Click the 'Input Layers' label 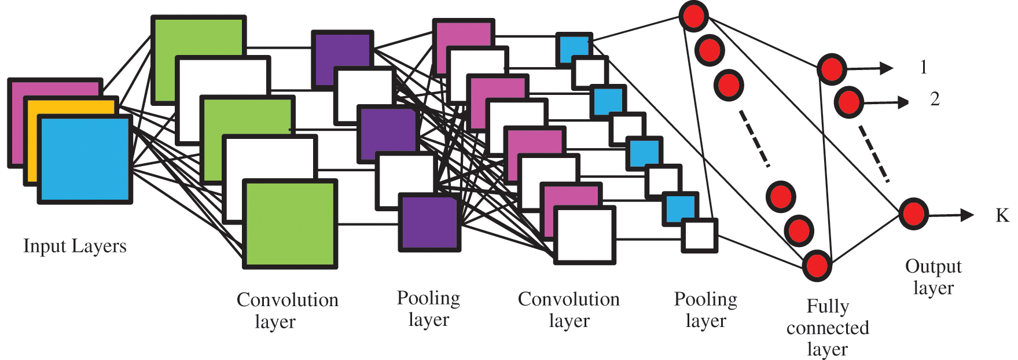75,246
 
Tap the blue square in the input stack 85,159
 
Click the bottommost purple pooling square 429,223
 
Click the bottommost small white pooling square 699,236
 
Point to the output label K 1002,215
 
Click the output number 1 923,67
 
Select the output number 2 935,100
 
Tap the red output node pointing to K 913,214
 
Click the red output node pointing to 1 832,69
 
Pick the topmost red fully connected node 693,16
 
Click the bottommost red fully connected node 817,266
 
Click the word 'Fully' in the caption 828,306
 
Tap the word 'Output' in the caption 933,266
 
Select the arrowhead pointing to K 967,215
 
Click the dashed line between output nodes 873,154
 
